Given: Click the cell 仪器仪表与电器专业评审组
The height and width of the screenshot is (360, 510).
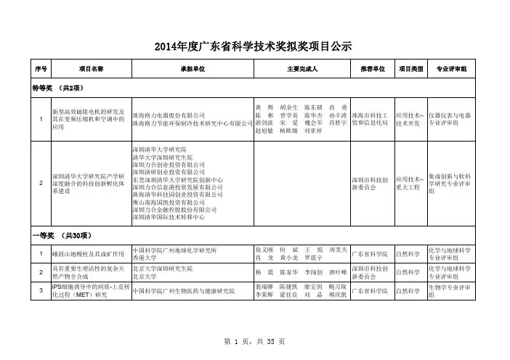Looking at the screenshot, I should pyautogui.click(x=451, y=120).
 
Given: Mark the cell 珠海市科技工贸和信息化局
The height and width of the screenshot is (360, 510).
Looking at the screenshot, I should pyautogui.click(x=372, y=120).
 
